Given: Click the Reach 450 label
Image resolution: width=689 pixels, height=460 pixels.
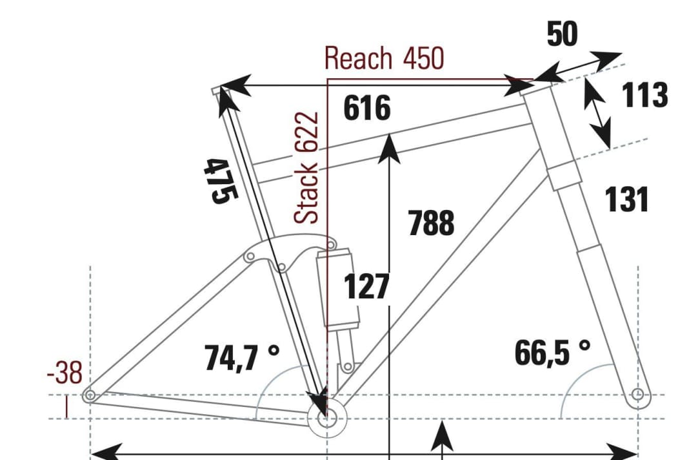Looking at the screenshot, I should click(x=384, y=58).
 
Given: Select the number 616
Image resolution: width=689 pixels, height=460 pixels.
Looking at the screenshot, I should click(x=366, y=108).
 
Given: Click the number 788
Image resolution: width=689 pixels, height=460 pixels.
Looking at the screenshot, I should click(x=431, y=224).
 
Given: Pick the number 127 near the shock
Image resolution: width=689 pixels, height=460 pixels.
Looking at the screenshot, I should click(x=366, y=287).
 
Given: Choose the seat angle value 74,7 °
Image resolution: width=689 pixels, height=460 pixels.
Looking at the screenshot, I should click(x=242, y=357).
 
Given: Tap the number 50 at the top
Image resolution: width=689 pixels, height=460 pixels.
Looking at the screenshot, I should click(x=562, y=35).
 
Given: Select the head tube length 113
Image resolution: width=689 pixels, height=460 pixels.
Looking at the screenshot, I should click(x=644, y=96).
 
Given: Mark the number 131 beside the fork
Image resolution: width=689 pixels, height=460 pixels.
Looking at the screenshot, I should click(x=626, y=200).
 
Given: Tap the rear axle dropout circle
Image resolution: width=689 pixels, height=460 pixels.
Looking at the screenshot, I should click(x=90, y=395).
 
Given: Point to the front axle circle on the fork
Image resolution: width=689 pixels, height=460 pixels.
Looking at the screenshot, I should click(x=637, y=394).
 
